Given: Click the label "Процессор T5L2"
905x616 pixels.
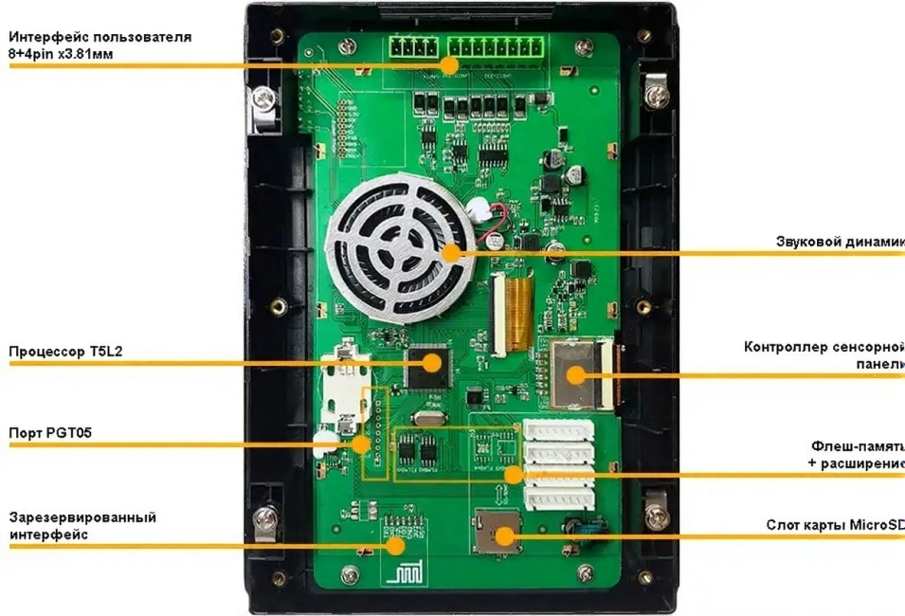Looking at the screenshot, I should [x=66, y=352].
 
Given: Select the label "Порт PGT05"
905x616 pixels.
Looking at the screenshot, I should [x=50, y=433].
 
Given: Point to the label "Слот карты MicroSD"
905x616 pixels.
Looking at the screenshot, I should [x=835, y=525].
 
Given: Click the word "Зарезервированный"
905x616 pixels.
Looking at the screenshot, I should [x=82, y=517].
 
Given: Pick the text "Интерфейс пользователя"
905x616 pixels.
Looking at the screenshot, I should [x=100, y=37].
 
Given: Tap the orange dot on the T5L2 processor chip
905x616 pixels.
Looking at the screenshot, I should [x=433, y=362].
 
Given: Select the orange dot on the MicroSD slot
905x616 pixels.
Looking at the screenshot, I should [x=503, y=536].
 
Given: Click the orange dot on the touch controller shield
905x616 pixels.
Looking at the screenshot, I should [x=576, y=374].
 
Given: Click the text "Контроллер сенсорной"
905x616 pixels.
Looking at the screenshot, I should [x=824, y=346].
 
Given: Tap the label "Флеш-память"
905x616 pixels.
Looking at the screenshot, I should [x=858, y=445].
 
